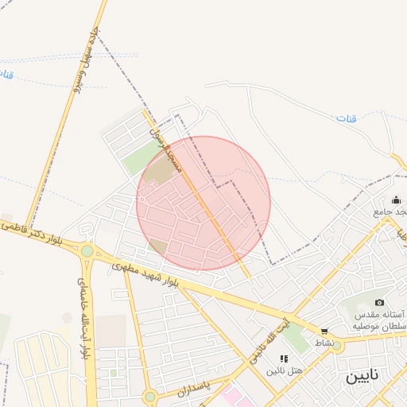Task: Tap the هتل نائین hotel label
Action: [285, 370]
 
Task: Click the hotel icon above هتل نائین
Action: [284, 359]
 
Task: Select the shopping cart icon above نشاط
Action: [324, 331]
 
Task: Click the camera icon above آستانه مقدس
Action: [379, 302]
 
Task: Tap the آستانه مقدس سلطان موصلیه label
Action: [380, 320]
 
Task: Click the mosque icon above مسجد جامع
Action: [396, 200]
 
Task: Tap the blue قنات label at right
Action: [347, 118]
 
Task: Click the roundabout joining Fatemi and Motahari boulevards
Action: [86, 251]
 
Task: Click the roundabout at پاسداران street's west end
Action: [149, 396]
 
